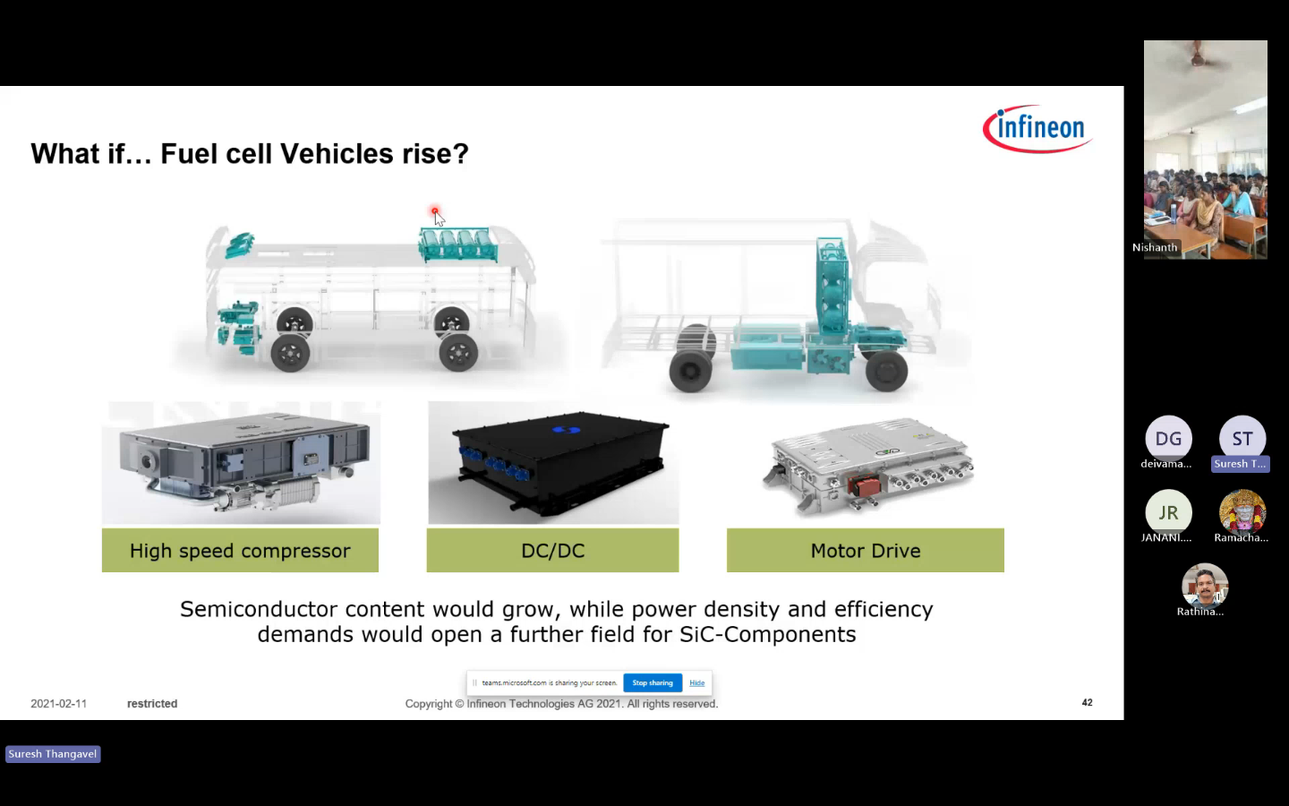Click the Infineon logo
(x=1038, y=128)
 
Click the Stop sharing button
(x=653, y=682)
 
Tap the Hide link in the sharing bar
(x=696, y=682)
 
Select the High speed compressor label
(x=240, y=551)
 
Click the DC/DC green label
(x=552, y=551)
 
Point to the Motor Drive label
(x=866, y=551)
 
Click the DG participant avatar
(x=1168, y=439)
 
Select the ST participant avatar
(x=1242, y=439)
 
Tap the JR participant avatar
(x=1168, y=512)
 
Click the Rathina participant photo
(x=1205, y=586)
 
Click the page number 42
(x=1087, y=702)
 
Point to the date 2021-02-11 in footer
(x=59, y=704)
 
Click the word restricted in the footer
(x=152, y=704)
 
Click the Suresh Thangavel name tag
(x=53, y=754)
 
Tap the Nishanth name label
(x=1155, y=247)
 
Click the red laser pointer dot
(x=435, y=211)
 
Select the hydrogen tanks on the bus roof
(x=458, y=244)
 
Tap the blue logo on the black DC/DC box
(x=567, y=430)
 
